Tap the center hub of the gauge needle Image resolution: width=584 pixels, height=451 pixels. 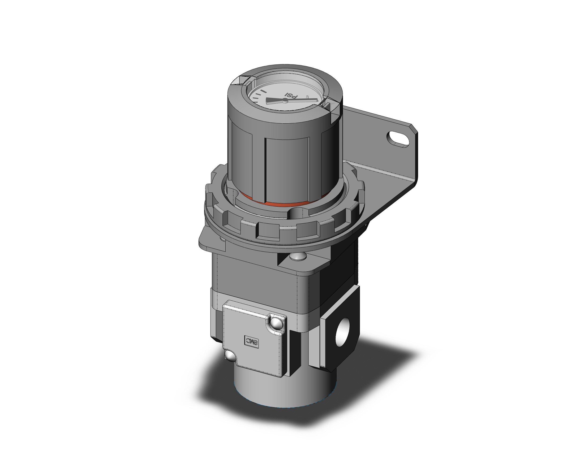(285, 101)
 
